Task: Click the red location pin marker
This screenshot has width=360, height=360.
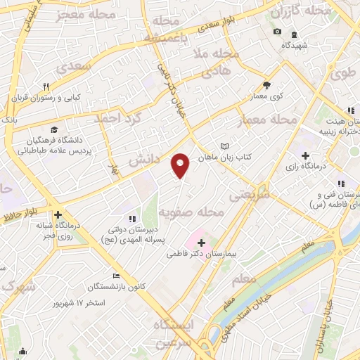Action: [x=181, y=165]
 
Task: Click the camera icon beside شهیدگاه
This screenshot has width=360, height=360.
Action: [x=276, y=32]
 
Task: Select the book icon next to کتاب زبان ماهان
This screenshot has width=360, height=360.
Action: [x=224, y=146]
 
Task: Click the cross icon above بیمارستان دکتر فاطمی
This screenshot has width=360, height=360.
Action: [x=201, y=243]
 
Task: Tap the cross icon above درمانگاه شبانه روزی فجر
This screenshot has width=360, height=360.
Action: [x=58, y=215]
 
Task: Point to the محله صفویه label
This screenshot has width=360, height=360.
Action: [x=200, y=212]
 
